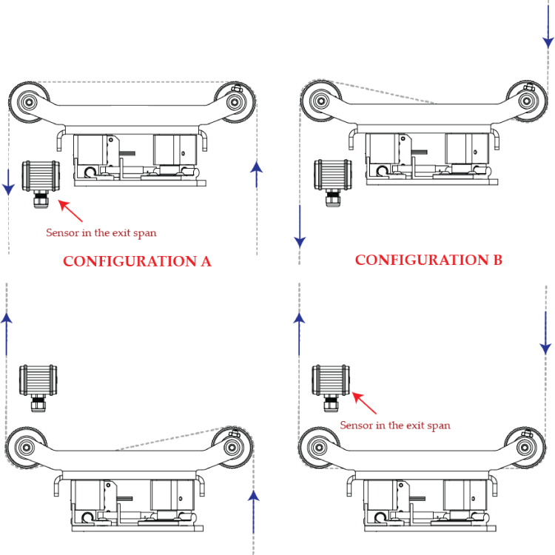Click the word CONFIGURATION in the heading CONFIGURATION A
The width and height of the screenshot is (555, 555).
129,261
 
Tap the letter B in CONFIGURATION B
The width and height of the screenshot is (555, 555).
498,260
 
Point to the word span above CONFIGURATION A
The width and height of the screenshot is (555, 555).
145,233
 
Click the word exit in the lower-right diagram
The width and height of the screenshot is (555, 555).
416,425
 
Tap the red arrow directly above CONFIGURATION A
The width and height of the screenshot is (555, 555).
70,211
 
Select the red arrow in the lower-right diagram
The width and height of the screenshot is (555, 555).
364,403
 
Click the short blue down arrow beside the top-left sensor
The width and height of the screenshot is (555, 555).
8,182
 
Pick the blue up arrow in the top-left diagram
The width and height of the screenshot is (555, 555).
257,174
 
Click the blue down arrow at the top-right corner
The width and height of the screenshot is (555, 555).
548,24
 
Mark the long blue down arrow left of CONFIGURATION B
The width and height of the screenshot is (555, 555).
300,226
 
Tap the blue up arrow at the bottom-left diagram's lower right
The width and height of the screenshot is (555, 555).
253,511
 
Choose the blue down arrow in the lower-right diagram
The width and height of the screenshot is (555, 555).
545,333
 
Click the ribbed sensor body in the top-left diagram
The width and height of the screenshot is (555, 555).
41,176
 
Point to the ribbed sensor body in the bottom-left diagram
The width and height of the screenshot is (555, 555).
38,380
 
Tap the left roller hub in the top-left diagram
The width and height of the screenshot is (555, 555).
29,102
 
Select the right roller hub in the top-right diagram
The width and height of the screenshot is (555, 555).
526,101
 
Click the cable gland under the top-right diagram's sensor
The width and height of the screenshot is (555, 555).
333,198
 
